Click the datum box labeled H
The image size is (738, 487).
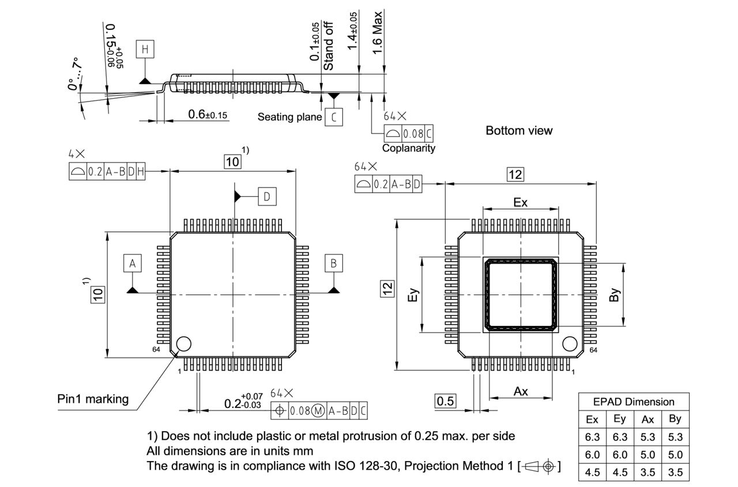[x=146, y=50]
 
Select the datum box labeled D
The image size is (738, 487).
[x=266, y=197]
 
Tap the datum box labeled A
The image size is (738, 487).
[x=132, y=264]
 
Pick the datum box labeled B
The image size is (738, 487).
[x=333, y=264]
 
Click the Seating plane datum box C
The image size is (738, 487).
[x=333, y=117]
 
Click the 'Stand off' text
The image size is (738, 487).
[x=329, y=46]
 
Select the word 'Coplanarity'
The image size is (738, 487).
[x=409, y=148]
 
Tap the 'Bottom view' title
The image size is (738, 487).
[x=519, y=130]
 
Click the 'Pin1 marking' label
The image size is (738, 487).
[x=93, y=399]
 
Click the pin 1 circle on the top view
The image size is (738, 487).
[x=184, y=344]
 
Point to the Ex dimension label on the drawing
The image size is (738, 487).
[x=520, y=203]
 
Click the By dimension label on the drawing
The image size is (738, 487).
[x=614, y=295]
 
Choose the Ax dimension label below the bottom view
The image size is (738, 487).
[x=521, y=391]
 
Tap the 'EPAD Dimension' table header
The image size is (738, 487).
[x=634, y=402]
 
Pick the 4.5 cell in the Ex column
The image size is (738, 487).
[x=592, y=472]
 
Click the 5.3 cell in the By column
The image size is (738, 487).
[x=675, y=437]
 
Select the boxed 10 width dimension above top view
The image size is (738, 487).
[x=232, y=162]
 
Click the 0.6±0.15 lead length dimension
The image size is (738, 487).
[x=208, y=115]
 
